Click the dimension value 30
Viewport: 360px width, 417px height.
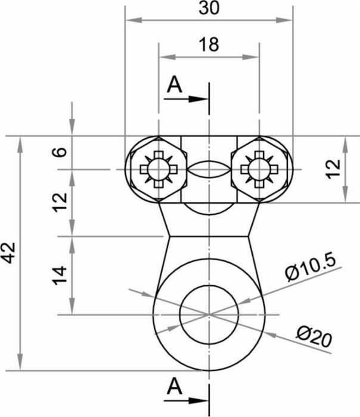209,8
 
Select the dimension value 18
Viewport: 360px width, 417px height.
209,45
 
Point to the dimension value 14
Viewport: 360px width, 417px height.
60,275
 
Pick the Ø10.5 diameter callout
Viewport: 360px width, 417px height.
311,268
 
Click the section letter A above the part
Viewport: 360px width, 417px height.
175,85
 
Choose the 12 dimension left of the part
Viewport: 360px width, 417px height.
60,203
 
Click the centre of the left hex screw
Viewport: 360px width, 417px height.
159,169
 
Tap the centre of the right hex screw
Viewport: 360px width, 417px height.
259,169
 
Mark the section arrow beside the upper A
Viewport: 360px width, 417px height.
186,99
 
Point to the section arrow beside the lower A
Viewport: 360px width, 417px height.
186,400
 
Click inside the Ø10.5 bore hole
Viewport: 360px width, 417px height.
209,315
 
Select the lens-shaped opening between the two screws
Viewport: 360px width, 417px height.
209,169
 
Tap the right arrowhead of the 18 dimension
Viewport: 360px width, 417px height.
251,57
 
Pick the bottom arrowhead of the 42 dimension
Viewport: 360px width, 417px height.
20,362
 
